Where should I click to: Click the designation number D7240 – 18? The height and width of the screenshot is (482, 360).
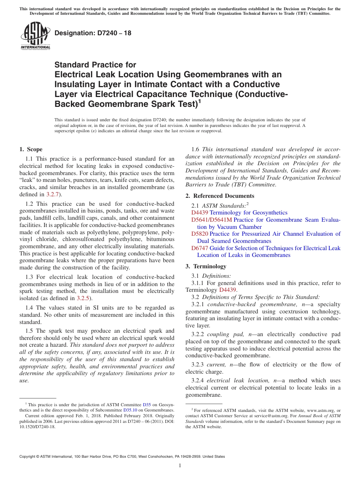pyautogui.click(x=93, y=33)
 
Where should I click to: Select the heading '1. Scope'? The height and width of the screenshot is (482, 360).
pyautogui.click(x=31, y=149)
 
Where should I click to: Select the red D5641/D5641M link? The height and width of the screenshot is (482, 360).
pyautogui.click(x=211, y=220)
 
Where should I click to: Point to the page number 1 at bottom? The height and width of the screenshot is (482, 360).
pyautogui.click(x=180, y=465)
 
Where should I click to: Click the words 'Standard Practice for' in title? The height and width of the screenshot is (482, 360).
pyautogui.click(x=95, y=65)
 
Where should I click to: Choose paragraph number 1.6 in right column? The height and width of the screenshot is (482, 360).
pyautogui.click(x=196, y=149)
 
